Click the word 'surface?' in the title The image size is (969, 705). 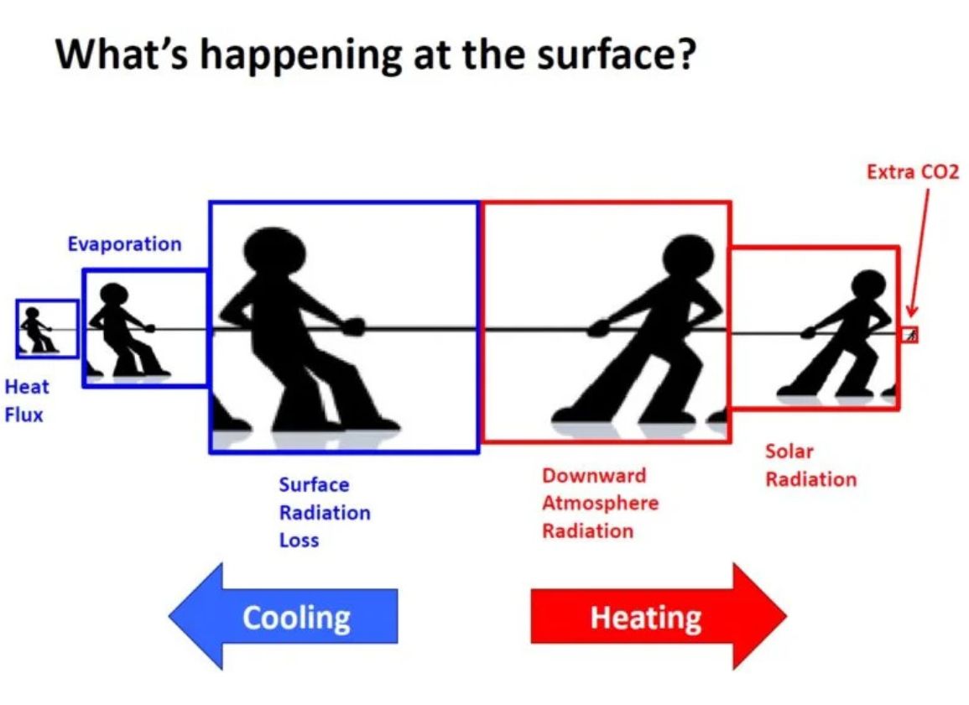point(617,55)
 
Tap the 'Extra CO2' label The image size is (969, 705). point(913,171)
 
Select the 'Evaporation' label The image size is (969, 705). point(125,244)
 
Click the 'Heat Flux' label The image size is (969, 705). point(27,400)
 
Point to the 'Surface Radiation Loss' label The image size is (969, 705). point(325,512)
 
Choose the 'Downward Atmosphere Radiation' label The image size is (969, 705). point(600,503)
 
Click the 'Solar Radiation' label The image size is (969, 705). point(810,465)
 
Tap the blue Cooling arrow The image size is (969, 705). point(284,616)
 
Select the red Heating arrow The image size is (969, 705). point(659,616)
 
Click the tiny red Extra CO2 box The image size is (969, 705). point(910,335)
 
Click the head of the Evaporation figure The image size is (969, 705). point(114,295)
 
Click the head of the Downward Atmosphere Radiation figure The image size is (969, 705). point(689,258)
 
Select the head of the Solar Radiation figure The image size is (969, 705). point(869,285)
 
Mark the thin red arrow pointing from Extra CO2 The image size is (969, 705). point(919,253)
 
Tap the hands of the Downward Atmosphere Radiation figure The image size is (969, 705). point(597,328)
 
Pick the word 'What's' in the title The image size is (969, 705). point(122,55)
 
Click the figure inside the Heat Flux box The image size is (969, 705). point(36,330)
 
